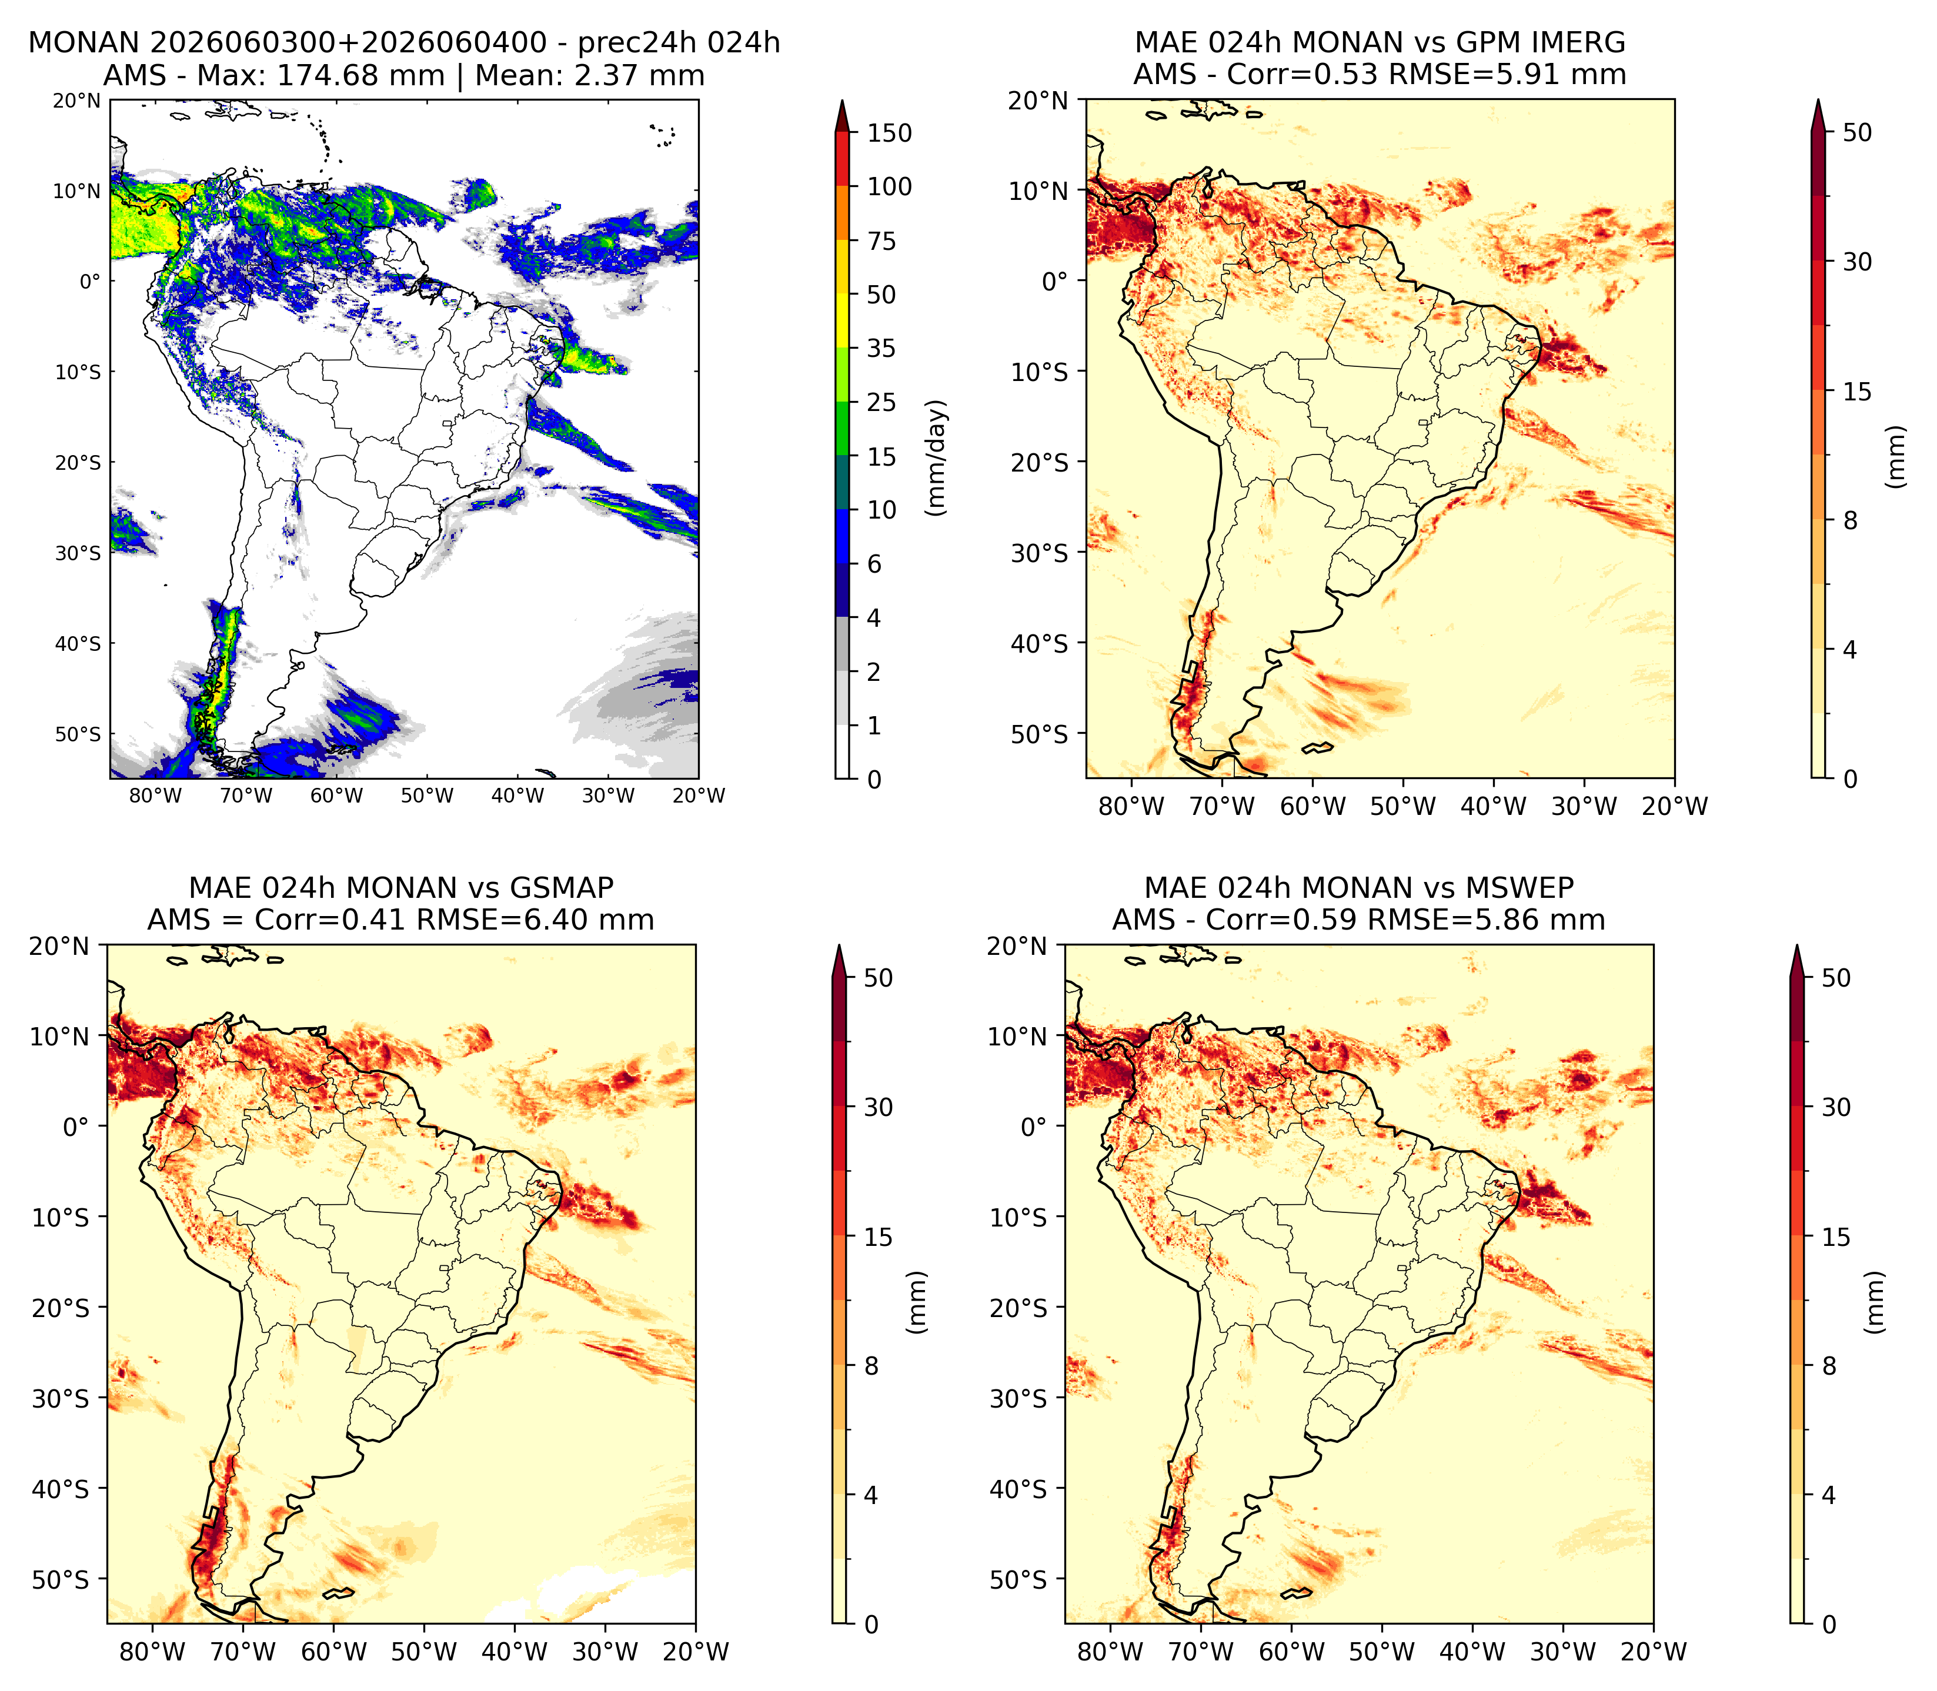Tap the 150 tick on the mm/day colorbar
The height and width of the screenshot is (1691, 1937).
click(890, 133)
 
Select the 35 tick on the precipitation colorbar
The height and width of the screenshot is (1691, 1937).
click(881, 348)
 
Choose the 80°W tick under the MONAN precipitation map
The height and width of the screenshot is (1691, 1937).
click(155, 796)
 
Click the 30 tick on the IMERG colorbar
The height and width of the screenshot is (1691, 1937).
click(1857, 262)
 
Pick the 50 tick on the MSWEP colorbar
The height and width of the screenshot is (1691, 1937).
click(1836, 978)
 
